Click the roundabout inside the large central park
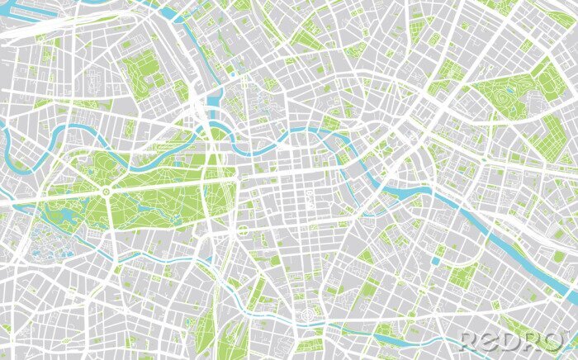[x=106, y=192]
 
